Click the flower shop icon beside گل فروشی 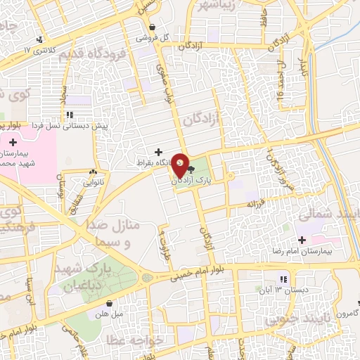[153, 27]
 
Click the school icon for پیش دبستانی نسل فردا [69, 115]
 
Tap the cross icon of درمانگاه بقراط [158, 152]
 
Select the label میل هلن [111, 314]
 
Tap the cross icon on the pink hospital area [14, 143]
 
